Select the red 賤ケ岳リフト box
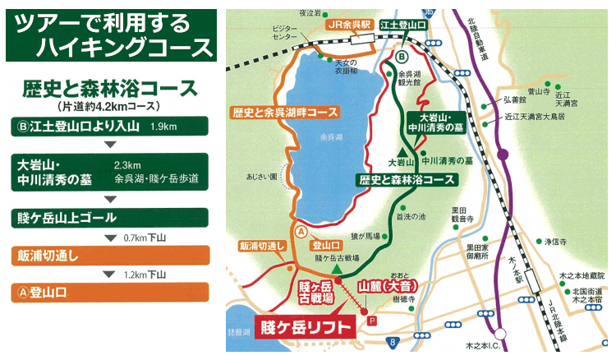(306, 326)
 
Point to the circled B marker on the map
(401, 57)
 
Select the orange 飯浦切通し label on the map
(262, 246)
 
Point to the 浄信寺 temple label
(556, 242)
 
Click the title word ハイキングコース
(112, 46)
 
